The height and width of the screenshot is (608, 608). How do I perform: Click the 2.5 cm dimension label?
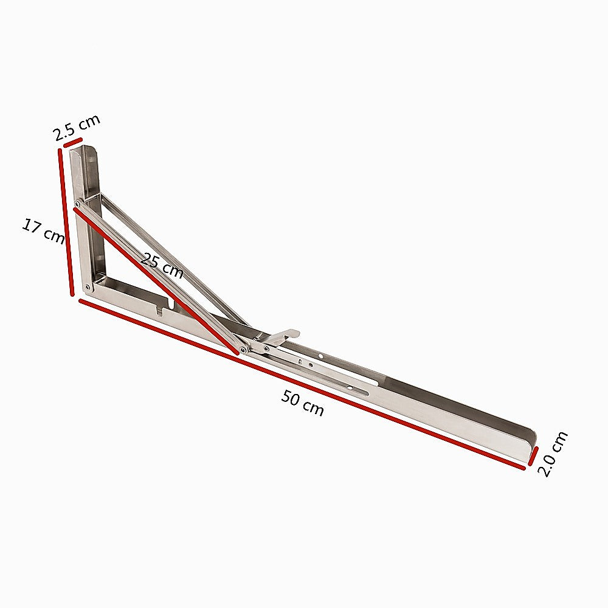pyautogui.click(x=76, y=127)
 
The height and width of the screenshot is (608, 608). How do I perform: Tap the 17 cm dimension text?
pyautogui.click(x=43, y=232)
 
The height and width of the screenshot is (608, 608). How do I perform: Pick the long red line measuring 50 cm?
pyautogui.click(x=301, y=383)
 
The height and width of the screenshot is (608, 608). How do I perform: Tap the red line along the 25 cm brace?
pyautogui.click(x=155, y=280)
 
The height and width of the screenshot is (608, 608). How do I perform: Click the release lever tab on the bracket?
pyautogui.click(x=285, y=336)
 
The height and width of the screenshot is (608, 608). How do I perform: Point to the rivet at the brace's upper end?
pyautogui.click(x=77, y=204)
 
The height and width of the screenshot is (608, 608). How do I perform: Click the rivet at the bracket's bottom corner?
pyautogui.click(x=87, y=286)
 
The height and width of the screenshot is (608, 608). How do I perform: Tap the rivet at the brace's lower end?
pyautogui.click(x=243, y=349)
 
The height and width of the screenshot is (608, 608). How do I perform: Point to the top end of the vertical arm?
pyautogui.click(x=82, y=150)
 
